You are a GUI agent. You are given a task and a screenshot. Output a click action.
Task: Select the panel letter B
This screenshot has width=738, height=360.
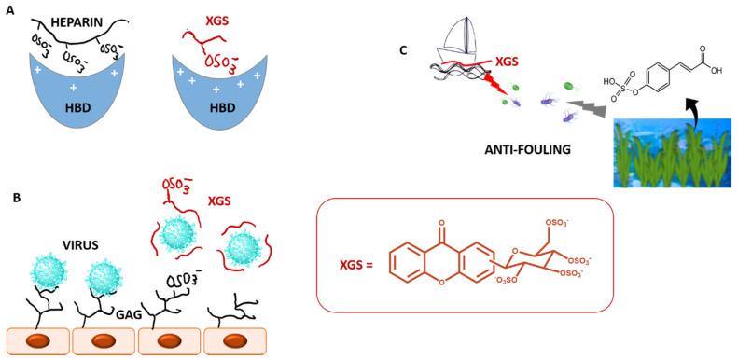(x=9, y=197)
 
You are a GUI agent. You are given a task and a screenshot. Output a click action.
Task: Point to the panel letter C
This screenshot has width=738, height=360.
(x=403, y=48)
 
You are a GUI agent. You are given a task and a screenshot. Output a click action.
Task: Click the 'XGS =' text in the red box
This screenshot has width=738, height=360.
(x=356, y=266)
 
